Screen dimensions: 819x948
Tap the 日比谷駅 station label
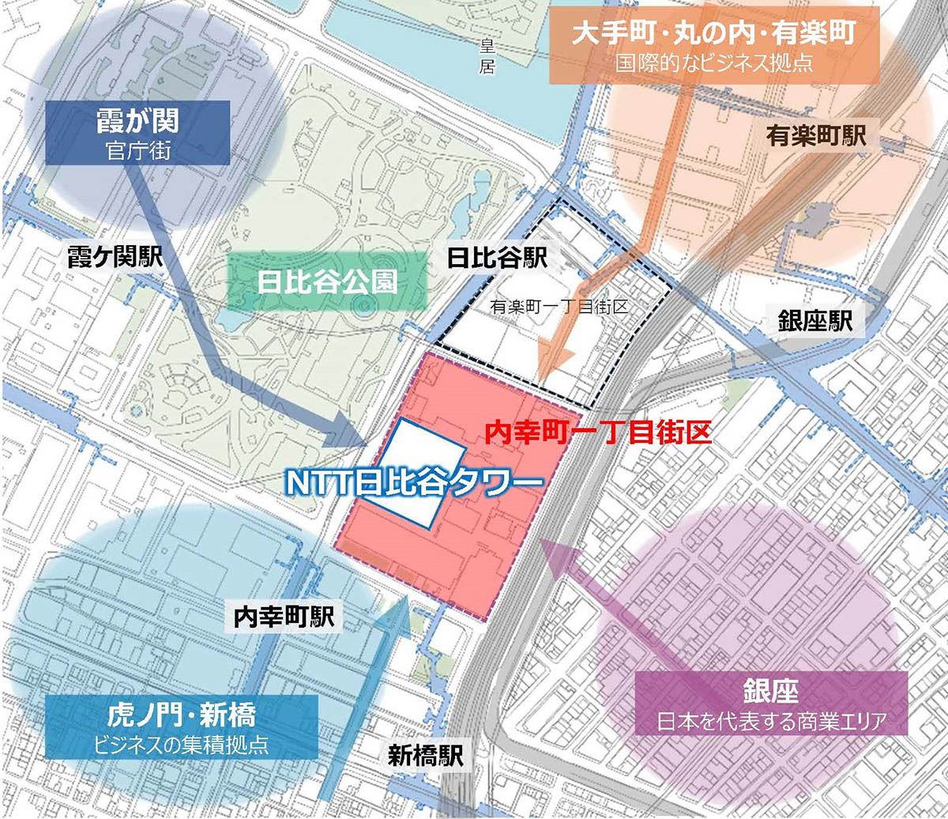(x=497, y=258)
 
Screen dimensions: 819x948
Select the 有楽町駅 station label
(x=816, y=135)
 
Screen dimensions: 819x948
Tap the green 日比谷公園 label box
(x=327, y=284)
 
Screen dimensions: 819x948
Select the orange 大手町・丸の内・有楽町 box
(x=714, y=44)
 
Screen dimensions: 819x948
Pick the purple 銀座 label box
(x=770, y=703)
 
